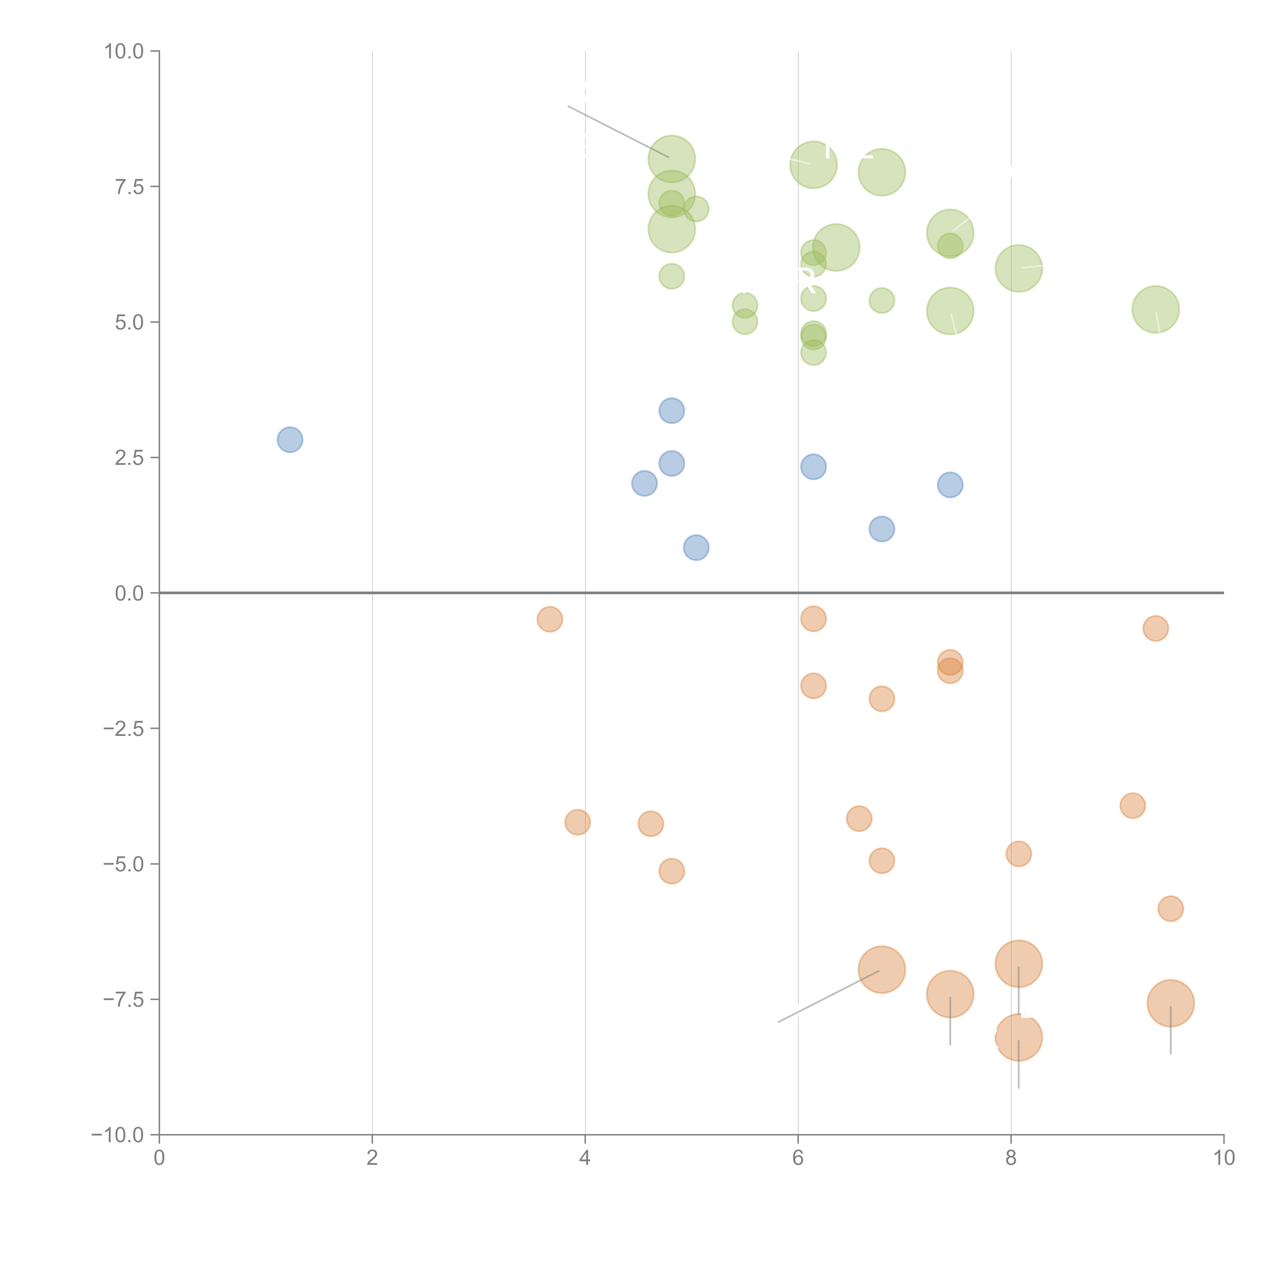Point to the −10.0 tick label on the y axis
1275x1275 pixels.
point(118,1135)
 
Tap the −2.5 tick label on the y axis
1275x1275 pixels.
point(123,729)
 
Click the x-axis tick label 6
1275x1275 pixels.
point(798,1158)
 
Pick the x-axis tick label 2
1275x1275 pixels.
point(372,1158)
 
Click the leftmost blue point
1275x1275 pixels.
point(290,440)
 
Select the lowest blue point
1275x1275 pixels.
point(696,547)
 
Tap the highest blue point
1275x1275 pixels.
point(671,411)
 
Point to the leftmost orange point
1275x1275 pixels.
point(550,619)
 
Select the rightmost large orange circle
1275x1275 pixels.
point(1170,1003)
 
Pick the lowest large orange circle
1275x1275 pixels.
point(1018,1037)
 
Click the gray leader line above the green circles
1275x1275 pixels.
point(618,131)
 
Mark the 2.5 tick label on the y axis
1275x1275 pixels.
point(129,458)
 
